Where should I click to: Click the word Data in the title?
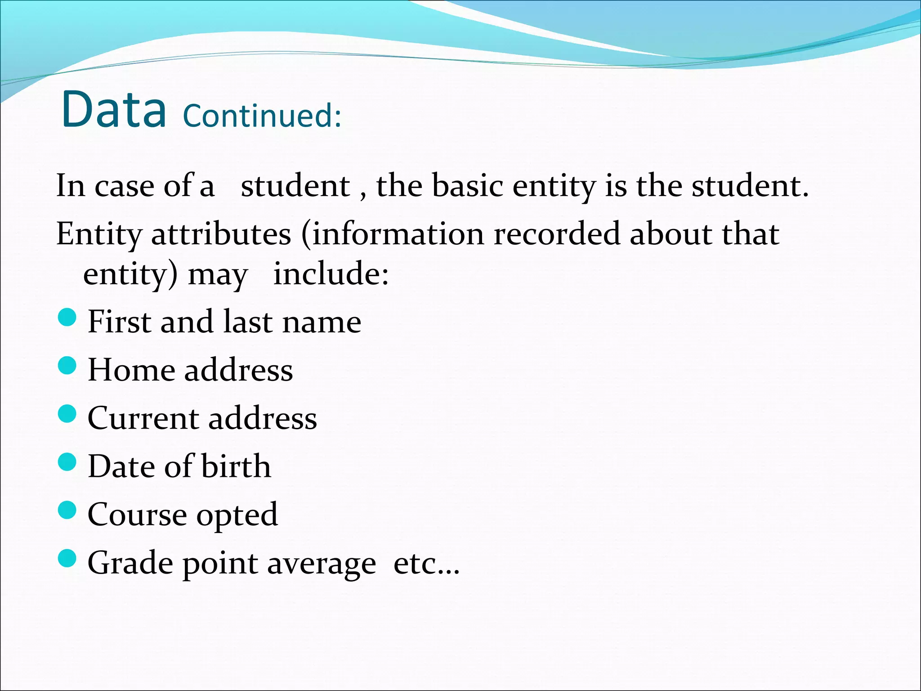click(x=114, y=109)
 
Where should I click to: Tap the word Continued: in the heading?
click(x=262, y=116)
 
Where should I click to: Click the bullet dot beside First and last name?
click(x=67, y=318)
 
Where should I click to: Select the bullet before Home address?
click(x=67, y=366)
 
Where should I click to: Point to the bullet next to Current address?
click(x=67, y=414)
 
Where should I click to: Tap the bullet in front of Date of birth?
click(x=67, y=462)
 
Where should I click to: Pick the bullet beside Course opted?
click(x=67, y=510)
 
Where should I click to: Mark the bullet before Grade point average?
click(x=67, y=559)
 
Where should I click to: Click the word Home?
click(x=131, y=370)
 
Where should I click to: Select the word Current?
click(x=143, y=418)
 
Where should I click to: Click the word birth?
click(x=236, y=466)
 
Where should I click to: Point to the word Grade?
click(x=130, y=564)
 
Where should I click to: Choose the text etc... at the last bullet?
click(x=426, y=564)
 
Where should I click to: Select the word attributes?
click(x=221, y=234)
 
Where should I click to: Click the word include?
click(x=331, y=274)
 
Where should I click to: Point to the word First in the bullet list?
click(x=119, y=322)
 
